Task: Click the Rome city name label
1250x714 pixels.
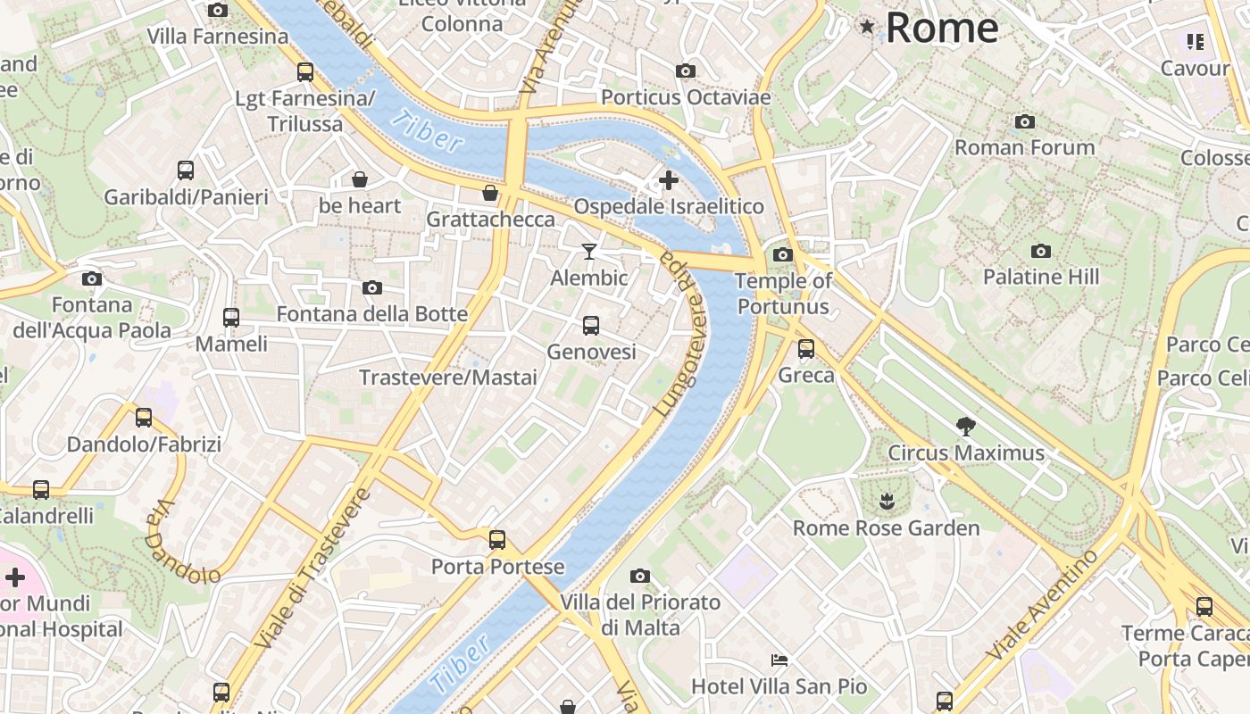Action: click(x=942, y=28)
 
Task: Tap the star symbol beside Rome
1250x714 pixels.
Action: click(x=866, y=27)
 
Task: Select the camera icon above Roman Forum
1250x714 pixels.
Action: click(x=1025, y=121)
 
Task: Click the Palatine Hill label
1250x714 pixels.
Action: click(x=1041, y=278)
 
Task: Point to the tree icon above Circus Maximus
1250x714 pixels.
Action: click(x=965, y=426)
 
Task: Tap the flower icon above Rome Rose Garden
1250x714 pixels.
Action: click(x=886, y=502)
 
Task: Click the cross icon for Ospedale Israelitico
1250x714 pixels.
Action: click(x=668, y=181)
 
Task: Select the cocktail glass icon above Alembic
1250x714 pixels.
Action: click(x=588, y=252)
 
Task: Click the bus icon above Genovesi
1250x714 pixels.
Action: click(x=591, y=326)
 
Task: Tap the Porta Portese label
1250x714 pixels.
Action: click(x=497, y=567)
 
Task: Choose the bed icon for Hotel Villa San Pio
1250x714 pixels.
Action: click(x=779, y=660)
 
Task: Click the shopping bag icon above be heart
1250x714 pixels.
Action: click(x=360, y=180)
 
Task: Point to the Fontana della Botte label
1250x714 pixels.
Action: click(x=371, y=314)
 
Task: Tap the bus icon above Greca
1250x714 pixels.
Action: click(x=806, y=349)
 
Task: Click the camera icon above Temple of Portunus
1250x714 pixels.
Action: click(x=783, y=255)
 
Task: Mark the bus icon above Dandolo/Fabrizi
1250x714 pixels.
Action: click(x=144, y=418)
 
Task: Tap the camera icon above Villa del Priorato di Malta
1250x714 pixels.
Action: click(x=640, y=577)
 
